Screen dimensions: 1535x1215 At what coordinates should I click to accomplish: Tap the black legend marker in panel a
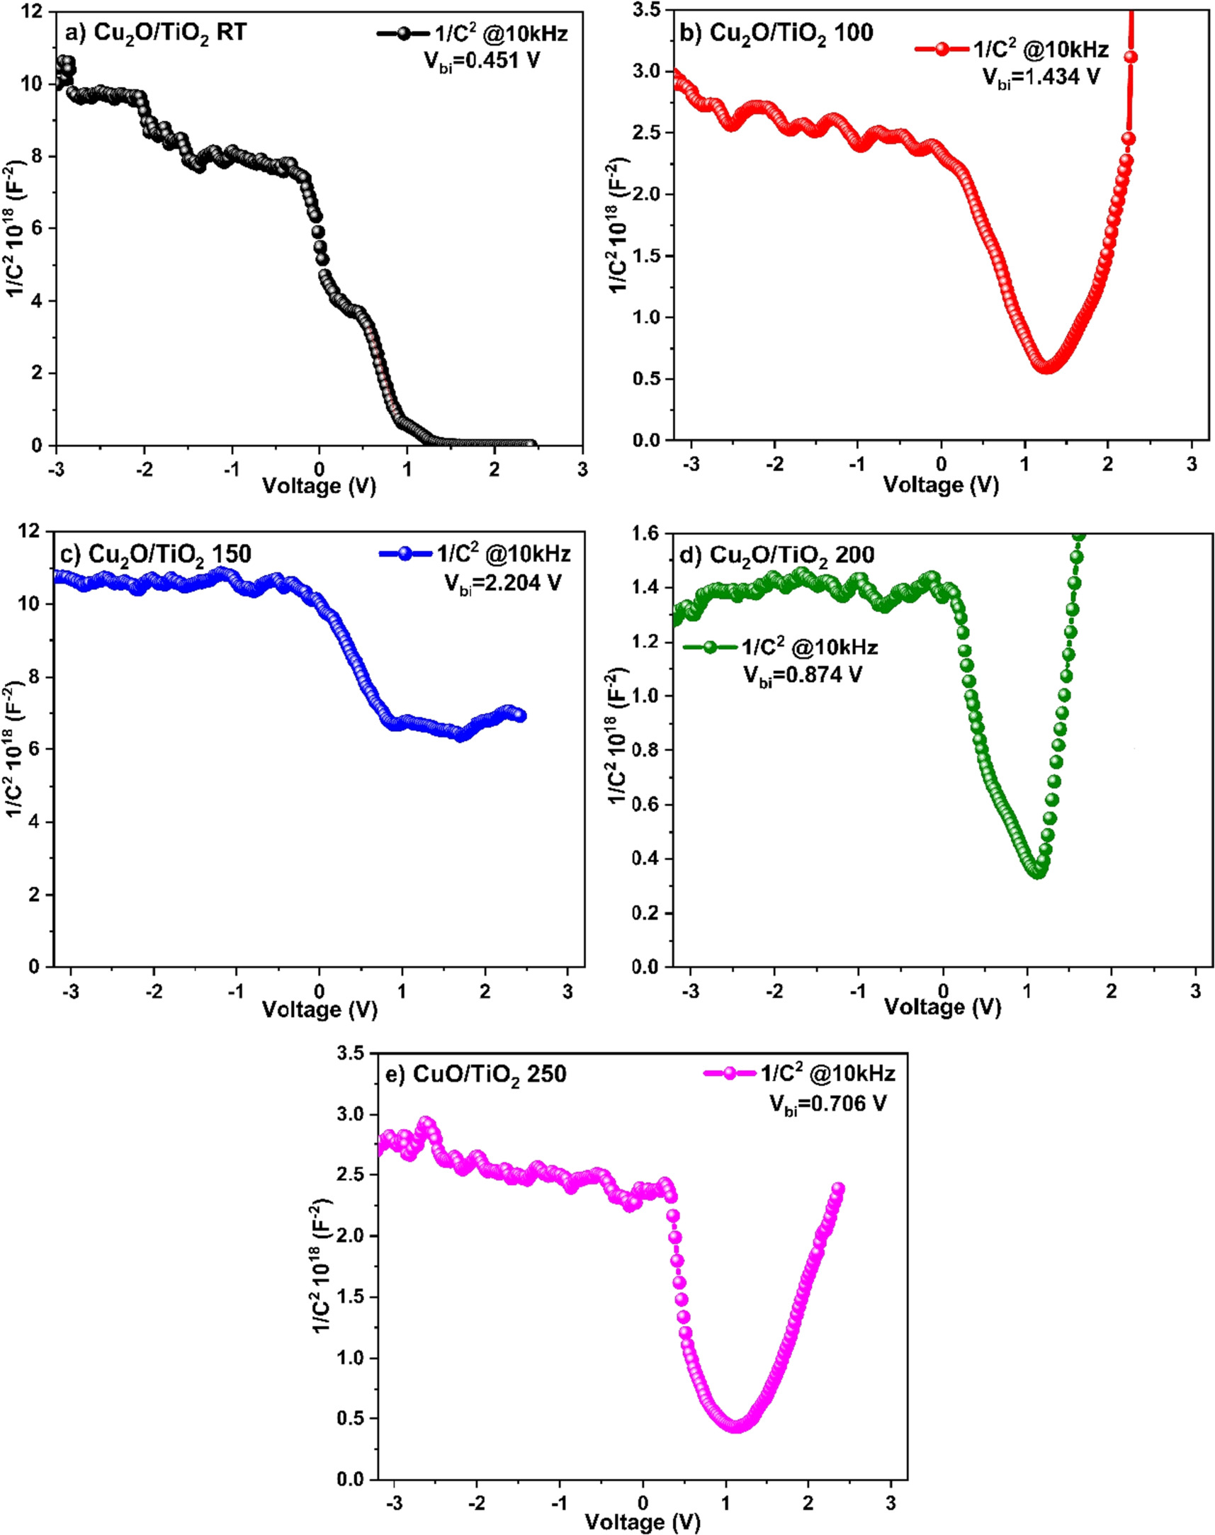[402, 33]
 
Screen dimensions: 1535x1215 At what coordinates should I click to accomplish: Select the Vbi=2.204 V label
[502, 583]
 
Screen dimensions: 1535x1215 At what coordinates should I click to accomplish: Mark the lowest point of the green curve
[1038, 871]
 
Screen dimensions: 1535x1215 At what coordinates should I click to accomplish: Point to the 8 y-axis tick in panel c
[35, 677]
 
